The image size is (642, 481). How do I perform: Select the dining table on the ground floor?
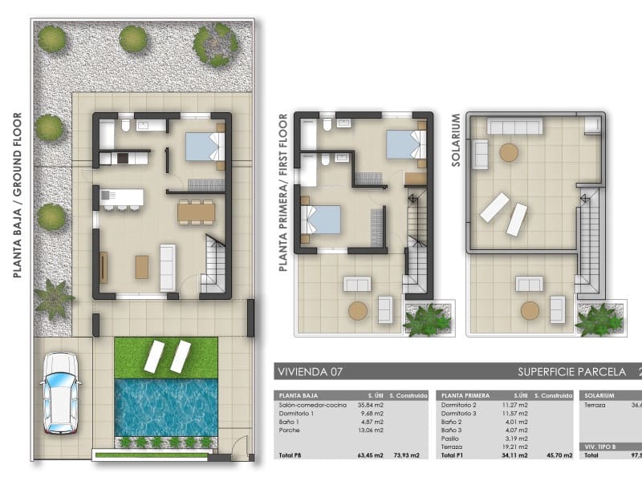pos(196,211)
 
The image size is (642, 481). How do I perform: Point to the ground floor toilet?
pos(125,126)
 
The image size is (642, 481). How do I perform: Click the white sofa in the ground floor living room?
pos(169,266)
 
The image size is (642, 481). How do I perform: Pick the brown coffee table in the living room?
pos(142,266)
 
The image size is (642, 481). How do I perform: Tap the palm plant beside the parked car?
pos(53,298)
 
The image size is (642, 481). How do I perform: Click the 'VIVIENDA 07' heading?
pos(307,372)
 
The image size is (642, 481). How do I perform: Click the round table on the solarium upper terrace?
pos(509,152)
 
